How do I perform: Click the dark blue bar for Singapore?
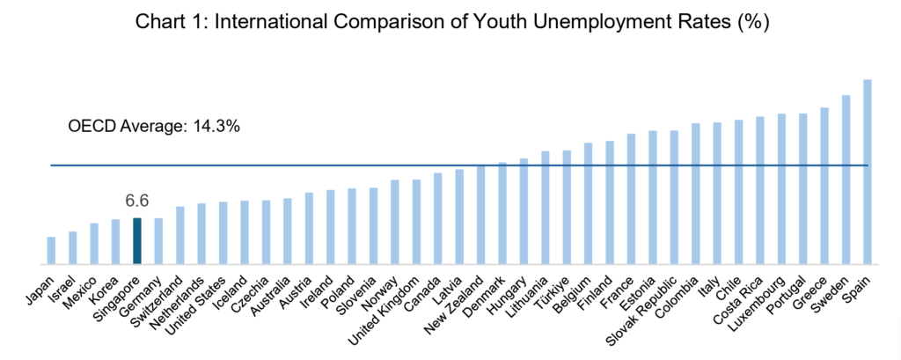tap(137, 240)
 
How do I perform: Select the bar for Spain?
tap(868, 172)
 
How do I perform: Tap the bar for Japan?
tap(51, 250)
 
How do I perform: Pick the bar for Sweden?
tap(846, 180)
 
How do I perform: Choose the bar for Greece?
tap(824, 186)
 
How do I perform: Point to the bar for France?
tap(631, 199)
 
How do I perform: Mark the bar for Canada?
tap(438, 218)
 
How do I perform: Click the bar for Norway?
tap(395, 222)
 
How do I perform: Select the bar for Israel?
tap(72, 247)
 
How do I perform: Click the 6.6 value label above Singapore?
tap(137, 202)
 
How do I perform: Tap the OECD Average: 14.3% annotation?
tap(154, 126)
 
